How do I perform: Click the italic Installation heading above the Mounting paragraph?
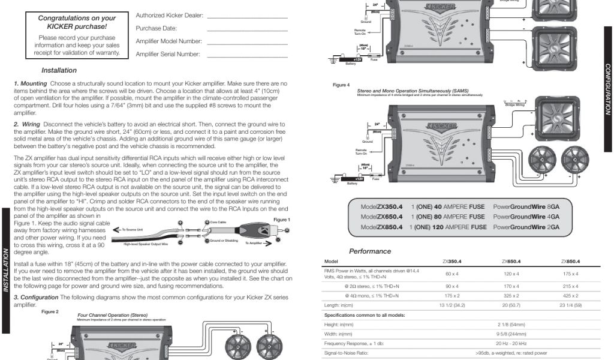[x=59, y=70]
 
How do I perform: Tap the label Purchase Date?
[x=156, y=28]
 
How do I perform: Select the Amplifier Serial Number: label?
[x=168, y=54]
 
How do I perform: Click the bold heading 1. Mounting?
[x=30, y=83]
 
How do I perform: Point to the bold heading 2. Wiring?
[x=27, y=124]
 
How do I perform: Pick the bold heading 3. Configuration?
[x=40, y=298]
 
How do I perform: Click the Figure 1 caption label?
[x=281, y=220]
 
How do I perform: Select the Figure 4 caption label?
[x=341, y=85]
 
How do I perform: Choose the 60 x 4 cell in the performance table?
[x=452, y=274]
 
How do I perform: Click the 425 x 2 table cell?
[x=571, y=296]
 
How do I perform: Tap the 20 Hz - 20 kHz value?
[x=511, y=343]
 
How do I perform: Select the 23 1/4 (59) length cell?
[x=571, y=305]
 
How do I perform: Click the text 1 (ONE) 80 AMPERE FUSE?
[x=448, y=217]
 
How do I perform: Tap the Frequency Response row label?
[x=353, y=343]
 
